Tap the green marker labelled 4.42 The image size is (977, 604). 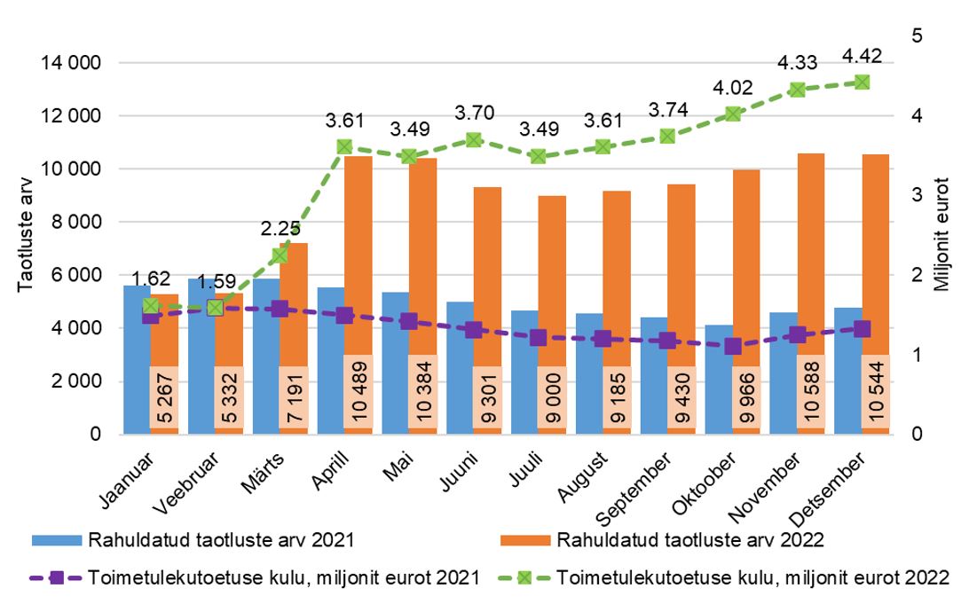[x=861, y=82]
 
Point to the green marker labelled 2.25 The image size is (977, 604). [x=280, y=255]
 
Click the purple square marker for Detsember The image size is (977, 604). [x=861, y=328]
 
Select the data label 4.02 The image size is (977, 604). [x=732, y=90]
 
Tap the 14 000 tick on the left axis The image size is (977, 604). [x=70, y=64]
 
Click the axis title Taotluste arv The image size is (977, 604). [x=26, y=239]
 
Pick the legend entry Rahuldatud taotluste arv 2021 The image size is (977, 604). [x=223, y=539]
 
